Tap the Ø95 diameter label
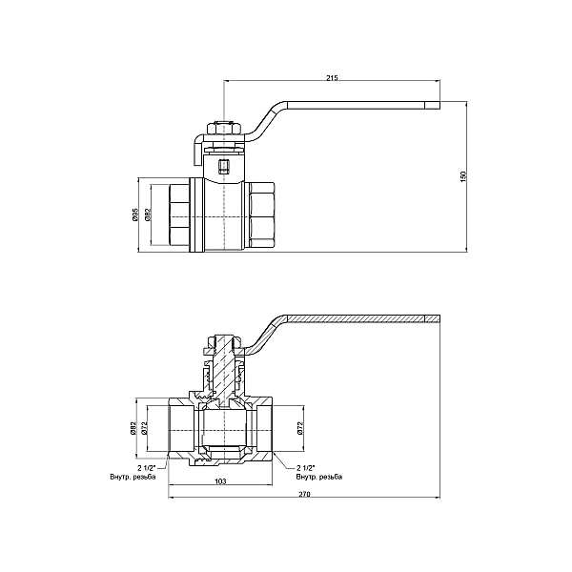136,215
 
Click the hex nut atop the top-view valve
223,127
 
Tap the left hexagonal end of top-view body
177,215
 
